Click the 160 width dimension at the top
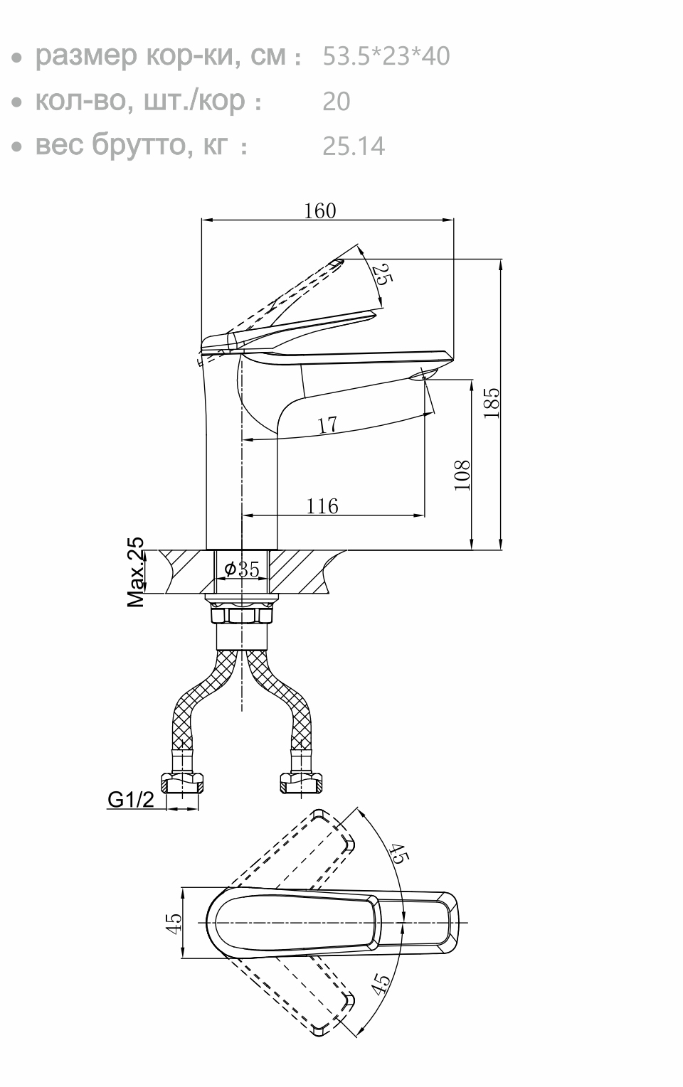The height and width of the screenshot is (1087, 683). [x=319, y=210]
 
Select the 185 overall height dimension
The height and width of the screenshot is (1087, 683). [x=492, y=403]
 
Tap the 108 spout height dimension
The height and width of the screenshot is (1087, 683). [x=462, y=474]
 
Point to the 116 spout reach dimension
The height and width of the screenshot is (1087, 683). [x=322, y=506]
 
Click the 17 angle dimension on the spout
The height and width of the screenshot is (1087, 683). [x=327, y=425]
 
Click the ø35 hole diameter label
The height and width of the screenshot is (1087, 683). [x=241, y=569]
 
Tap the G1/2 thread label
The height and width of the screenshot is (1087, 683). [x=130, y=800]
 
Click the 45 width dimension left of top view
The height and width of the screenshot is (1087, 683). [x=173, y=922]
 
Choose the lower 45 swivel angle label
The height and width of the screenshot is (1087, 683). [x=381, y=983]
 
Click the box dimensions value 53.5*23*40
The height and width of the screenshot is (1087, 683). [x=386, y=56]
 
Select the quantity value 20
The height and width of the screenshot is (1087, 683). [x=337, y=102]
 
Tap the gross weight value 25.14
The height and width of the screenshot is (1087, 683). [x=354, y=146]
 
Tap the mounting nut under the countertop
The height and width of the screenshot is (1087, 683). [x=242, y=613]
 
